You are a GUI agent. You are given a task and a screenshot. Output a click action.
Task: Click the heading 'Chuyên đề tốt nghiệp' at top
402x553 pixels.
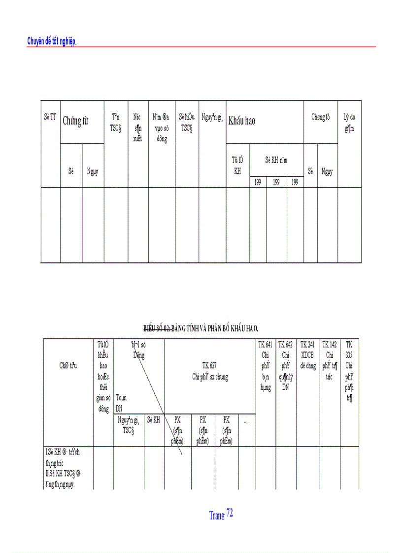click(x=51, y=42)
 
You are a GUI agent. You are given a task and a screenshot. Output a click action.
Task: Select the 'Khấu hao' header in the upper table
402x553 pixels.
click(x=241, y=121)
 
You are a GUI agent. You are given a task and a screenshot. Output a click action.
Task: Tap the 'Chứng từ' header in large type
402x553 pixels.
click(x=75, y=122)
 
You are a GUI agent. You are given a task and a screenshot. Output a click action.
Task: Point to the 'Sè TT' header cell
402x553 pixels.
click(x=50, y=117)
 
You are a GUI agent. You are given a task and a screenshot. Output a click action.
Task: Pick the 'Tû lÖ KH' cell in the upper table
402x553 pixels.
click(x=237, y=165)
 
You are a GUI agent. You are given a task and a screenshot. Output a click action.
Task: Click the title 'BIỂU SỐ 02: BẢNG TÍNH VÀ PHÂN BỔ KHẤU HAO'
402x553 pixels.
click(x=201, y=328)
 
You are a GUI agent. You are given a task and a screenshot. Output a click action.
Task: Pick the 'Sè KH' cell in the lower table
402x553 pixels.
click(x=154, y=421)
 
